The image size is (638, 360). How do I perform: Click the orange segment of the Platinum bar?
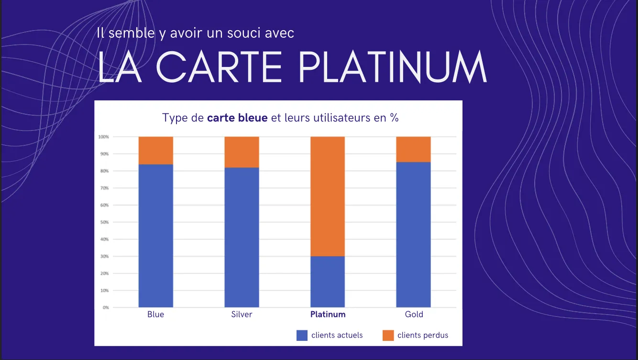(328, 196)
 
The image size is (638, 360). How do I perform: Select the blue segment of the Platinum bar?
(328, 282)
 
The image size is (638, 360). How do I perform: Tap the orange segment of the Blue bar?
(155, 150)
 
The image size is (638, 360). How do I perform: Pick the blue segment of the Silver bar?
(242, 237)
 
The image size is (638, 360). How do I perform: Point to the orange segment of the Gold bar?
(414, 149)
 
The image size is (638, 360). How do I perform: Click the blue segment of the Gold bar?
(414, 234)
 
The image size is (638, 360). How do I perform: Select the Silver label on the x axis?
(242, 314)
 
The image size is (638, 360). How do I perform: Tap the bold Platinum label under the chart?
(328, 314)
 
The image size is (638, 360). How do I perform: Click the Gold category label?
(414, 314)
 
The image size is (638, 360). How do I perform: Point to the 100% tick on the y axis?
(104, 137)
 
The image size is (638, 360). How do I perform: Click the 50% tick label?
(104, 222)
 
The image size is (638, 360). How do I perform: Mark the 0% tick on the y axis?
(105, 307)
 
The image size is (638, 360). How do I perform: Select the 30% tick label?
(104, 256)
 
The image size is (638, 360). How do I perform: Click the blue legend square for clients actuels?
(302, 335)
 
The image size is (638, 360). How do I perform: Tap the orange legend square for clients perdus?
(388, 335)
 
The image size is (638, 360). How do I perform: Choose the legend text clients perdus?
(423, 335)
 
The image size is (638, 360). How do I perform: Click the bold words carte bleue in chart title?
(237, 118)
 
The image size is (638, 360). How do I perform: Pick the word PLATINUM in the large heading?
(393, 68)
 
